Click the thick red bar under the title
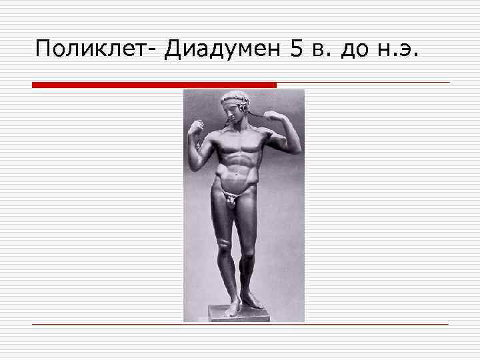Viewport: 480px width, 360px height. pyautogui.click(x=154, y=85)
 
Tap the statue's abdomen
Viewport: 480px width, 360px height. pyautogui.click(x=238, y=170)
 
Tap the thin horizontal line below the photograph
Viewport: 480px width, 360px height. pyautogui.click(x=240, y=324)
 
